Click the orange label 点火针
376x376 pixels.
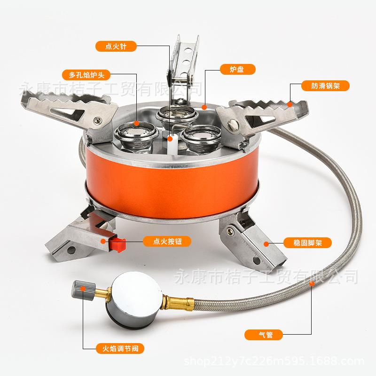[x=116, y=46]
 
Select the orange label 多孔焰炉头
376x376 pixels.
[x=86, y=75]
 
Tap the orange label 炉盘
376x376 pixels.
[x=238, y=69]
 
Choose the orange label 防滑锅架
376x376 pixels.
[x=325, y=86]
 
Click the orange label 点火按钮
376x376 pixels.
[x=167, y=241]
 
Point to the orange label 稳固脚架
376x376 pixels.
[x=308, y=243]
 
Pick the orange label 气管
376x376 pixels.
[x=264, y=335]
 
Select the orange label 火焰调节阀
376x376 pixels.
[x=120, y=348]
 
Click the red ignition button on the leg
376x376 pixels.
[x=117, y=244]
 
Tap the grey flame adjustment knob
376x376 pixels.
[x=84, y=290]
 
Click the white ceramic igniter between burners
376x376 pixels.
[x=172, y=144]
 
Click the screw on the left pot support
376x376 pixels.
[x=97, y=120]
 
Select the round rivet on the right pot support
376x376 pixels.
[x=232, y=125]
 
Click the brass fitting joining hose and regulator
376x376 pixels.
[x=179, y=303]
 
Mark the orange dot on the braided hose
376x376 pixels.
[x=312, y=284]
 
